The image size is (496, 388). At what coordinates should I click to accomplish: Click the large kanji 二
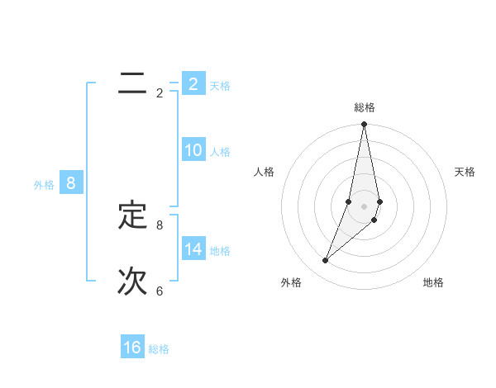(132, 83)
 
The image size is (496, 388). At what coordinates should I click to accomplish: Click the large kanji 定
(132, 215)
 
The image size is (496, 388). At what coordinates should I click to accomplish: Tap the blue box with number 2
(193, 84)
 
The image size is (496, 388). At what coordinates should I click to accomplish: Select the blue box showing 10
(193, 150)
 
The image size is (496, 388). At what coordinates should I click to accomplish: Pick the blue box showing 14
(193, 249)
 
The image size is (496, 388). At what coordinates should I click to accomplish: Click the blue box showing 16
(132, 348)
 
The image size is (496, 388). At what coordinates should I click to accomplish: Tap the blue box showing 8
(71, 183)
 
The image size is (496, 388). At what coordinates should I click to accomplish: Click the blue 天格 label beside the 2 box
(220, 86)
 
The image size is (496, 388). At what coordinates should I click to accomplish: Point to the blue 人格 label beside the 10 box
(220, 152)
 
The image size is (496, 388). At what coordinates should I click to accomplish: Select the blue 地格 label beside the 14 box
(220, 251)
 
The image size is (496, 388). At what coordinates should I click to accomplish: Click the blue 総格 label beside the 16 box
(159, 350)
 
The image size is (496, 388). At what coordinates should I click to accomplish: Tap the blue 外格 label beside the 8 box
(44, 185)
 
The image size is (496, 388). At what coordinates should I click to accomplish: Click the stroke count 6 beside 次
(160, 291)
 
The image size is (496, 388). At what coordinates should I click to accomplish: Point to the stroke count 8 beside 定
(160, 225)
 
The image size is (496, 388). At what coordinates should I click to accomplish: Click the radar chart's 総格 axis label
(365, 107)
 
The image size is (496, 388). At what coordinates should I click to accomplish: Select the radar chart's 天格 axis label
(465, 172)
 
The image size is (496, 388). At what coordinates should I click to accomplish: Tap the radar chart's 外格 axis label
(291, 282)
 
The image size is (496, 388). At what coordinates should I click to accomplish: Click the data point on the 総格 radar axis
(365, 125)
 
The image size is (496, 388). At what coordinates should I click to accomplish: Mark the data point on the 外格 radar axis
(326, 261)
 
